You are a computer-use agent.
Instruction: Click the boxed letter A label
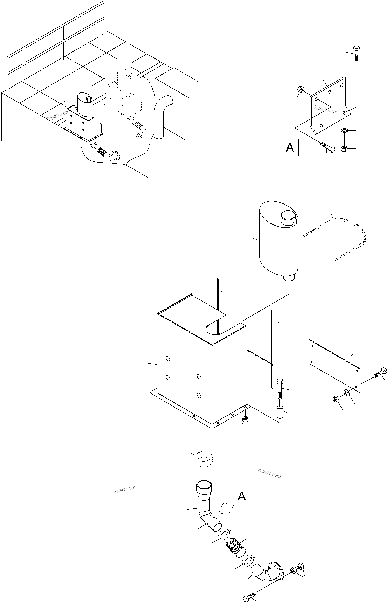(290, 147)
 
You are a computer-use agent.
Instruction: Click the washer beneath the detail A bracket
(344, 130)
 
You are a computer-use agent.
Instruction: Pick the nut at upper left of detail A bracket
(300, 89)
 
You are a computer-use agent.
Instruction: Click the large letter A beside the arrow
(242, 497)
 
